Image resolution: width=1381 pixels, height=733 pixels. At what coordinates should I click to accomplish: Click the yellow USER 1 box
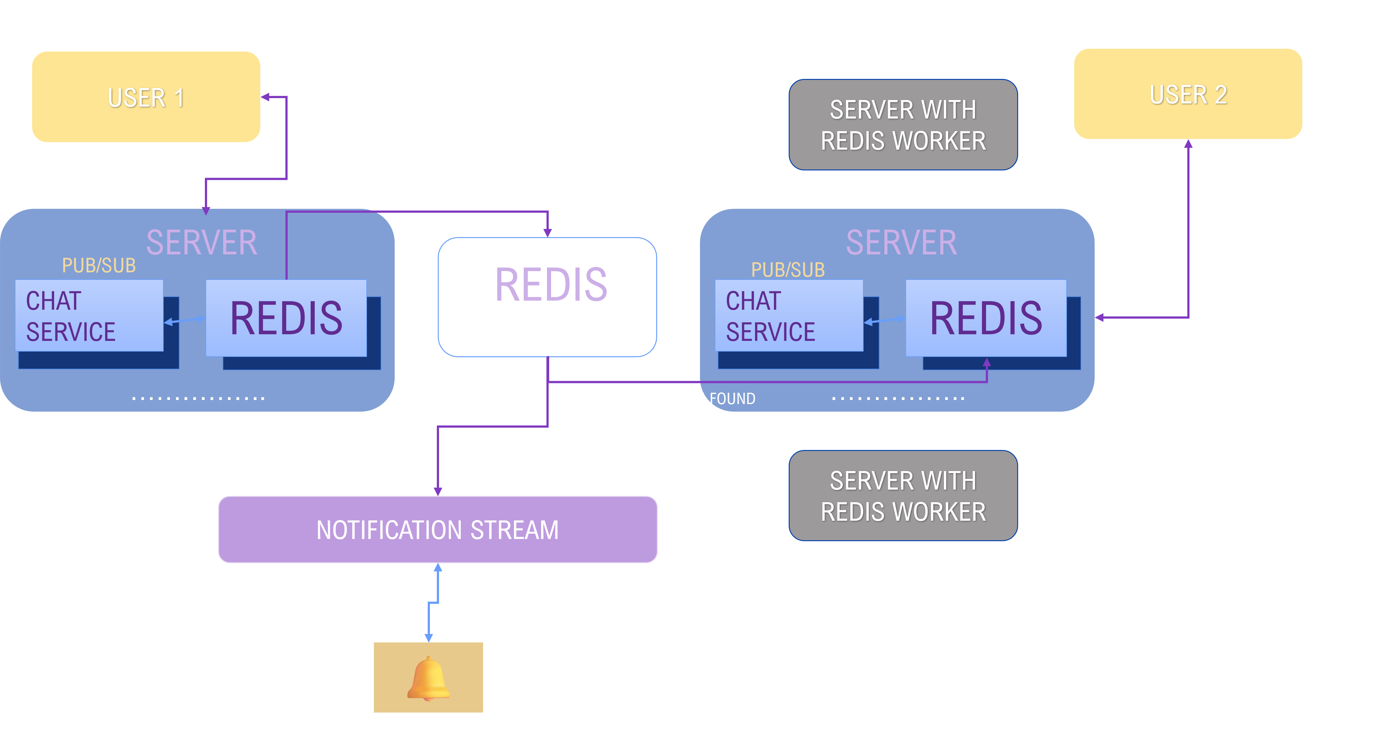click(146, 97)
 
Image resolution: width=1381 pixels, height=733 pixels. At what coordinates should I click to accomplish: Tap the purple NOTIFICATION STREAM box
click(437, 530)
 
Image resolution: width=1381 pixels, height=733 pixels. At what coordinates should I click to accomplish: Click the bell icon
click(428, 677)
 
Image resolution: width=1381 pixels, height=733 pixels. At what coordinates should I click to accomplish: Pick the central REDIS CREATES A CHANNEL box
click(547, 297)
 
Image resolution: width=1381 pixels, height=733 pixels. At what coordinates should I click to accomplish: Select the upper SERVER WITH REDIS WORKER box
click(903, 125)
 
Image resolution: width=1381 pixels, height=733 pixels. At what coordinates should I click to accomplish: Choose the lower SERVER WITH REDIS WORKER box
click(903, 496)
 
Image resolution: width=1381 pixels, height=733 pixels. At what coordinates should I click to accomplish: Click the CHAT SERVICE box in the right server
click(789, 316)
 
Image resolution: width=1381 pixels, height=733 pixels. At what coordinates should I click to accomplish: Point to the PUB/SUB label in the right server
click(787, 269)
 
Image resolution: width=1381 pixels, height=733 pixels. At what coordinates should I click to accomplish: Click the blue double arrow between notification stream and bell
click(433, 603)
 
